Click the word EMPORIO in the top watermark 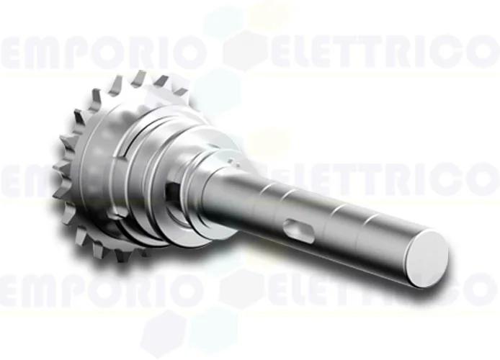pyautogui.click(x=104, y=52)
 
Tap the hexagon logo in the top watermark pyautogui.click(x=244, y=51)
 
